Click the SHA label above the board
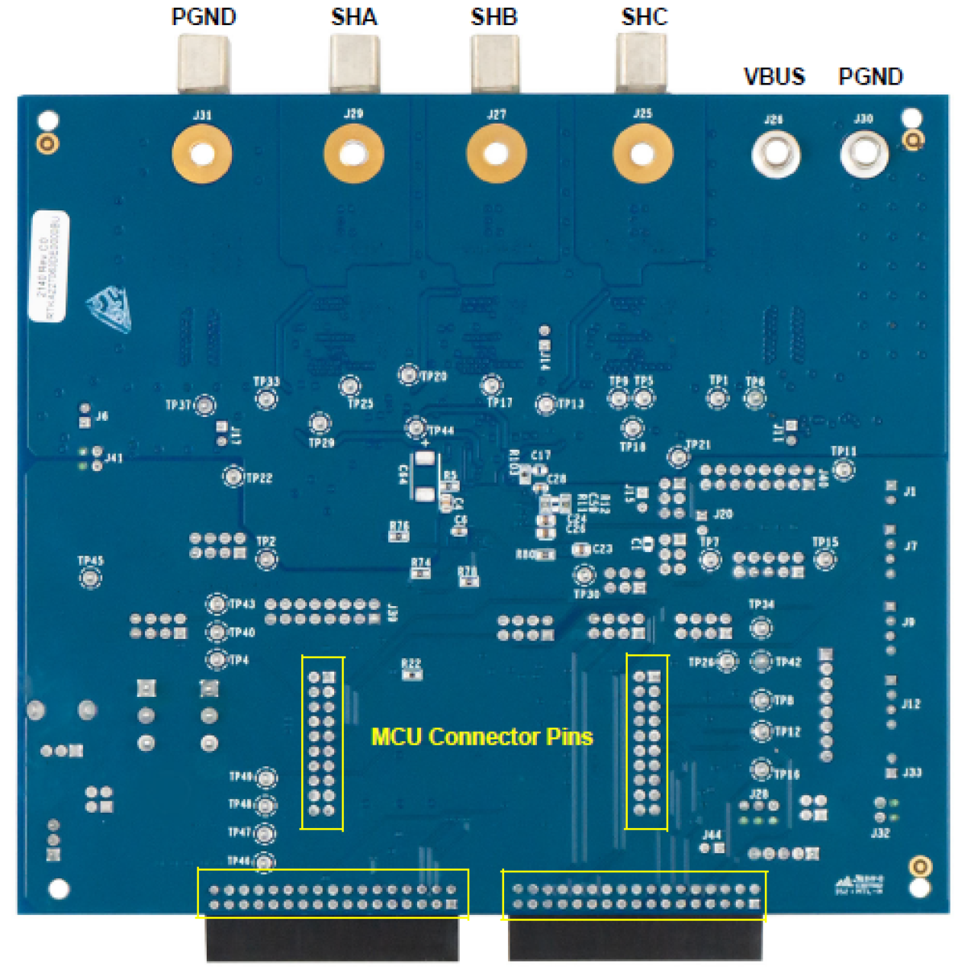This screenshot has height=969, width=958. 353,17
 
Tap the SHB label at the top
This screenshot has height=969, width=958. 494,17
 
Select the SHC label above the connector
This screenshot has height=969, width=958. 645,17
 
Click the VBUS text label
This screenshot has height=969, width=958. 774,76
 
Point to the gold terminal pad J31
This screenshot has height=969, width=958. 202,153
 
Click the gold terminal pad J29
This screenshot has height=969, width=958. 352,153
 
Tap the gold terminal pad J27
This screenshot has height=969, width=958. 496,154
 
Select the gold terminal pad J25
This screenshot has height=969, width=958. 642,154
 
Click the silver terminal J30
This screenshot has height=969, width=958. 863,152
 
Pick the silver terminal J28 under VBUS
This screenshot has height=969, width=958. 776,152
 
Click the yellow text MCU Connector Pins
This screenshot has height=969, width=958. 481,736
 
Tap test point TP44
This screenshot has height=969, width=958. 416,428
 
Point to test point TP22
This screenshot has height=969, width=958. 233,476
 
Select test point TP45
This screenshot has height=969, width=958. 90,577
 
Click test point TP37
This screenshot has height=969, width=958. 204,405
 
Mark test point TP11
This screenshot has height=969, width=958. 843,469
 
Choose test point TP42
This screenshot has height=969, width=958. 761,661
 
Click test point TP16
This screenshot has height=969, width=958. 761,769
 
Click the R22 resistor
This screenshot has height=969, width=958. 411,674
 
